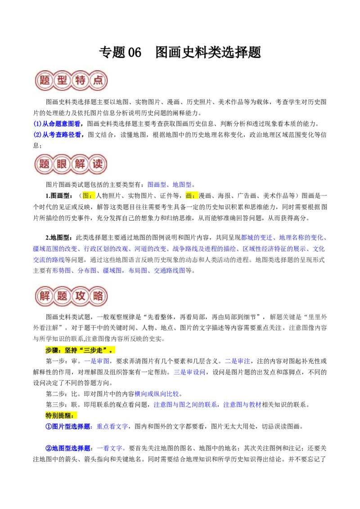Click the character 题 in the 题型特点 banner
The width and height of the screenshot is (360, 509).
point(45,80)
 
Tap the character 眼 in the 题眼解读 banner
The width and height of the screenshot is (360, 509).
point(62,164)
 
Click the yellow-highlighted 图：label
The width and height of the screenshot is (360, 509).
point(88,196)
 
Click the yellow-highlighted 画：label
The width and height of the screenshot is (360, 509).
point(192,196)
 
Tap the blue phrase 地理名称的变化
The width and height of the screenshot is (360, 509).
point(301,237)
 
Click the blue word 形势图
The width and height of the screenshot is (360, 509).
point(62,271)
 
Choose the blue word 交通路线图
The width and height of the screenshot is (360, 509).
point(170,271)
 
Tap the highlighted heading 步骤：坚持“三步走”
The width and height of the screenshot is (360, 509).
point(79,350)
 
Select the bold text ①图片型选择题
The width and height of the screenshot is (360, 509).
point(69,427)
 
